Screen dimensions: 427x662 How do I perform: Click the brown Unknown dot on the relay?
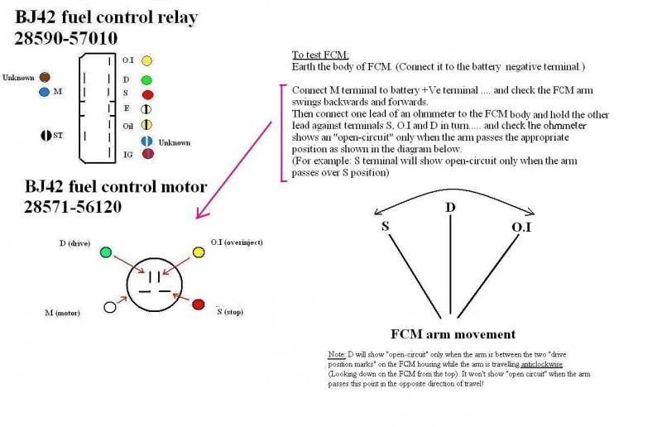point(43,76)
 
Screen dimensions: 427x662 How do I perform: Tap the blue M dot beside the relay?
point(44,92)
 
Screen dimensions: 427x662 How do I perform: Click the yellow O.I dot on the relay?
point(146,60)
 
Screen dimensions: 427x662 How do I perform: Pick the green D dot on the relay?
point(146,80)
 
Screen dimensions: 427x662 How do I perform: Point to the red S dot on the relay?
point(147,94)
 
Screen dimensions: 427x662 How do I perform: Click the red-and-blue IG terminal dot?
point(146,153)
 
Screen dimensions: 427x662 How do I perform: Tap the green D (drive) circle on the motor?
point(106,252)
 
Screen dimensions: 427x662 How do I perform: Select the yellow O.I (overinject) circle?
point(199,252)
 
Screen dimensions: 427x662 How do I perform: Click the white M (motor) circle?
point(109,307)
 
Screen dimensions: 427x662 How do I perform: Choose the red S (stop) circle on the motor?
point(199,305)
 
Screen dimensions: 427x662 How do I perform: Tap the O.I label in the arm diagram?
point(521,224)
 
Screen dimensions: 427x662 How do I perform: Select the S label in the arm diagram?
point(385,224)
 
